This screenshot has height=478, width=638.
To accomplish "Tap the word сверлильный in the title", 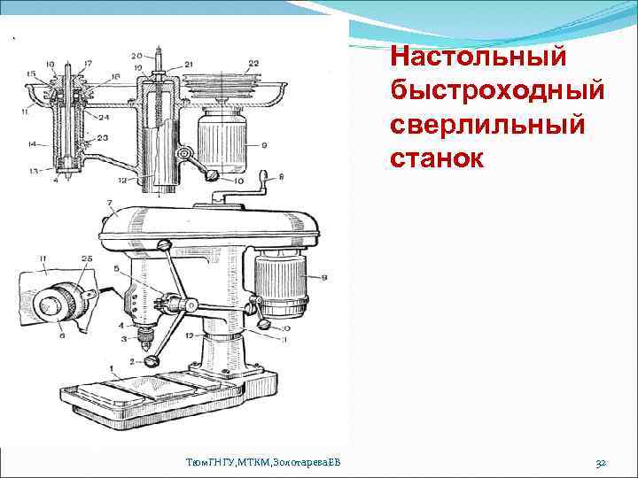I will coord(486,125).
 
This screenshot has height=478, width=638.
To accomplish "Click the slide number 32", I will coord(600,462).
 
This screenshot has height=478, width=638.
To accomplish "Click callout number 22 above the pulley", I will coord(253,63).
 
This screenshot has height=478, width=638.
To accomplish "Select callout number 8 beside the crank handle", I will coord(283,178).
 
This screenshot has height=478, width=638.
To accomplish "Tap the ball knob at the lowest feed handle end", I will coord(152,361).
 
